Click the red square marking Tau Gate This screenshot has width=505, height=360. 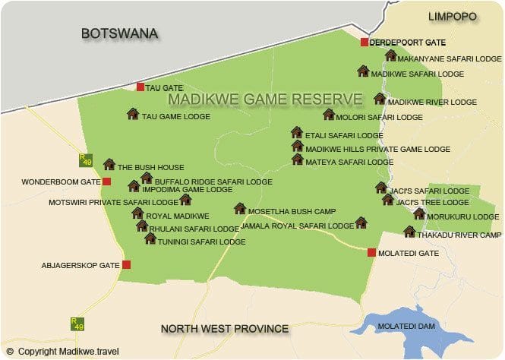140,87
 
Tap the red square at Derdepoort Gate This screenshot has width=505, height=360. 365,43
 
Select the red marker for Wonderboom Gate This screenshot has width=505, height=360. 106,182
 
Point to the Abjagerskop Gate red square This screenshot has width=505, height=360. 126,264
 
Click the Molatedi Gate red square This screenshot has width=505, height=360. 371,252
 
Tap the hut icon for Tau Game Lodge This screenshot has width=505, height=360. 133,114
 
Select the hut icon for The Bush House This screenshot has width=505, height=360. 109,164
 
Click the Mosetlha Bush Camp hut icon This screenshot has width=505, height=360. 239,208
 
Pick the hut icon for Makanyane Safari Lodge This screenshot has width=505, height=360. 390,55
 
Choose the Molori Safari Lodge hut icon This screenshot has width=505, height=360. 328,115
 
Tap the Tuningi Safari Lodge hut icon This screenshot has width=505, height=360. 150,238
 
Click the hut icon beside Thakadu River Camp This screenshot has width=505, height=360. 409,232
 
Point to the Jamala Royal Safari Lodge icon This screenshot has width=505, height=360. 361,223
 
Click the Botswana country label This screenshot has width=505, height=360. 119,33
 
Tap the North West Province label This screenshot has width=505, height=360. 225,329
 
